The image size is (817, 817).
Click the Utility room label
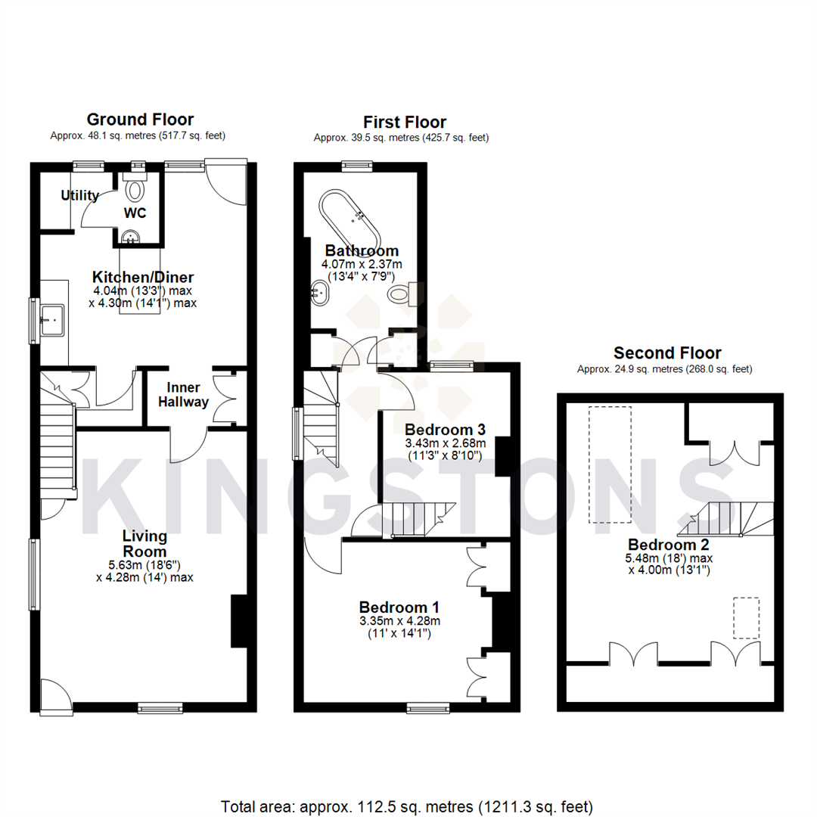click(x=80, y=196)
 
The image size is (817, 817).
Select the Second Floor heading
click(x=666, y=353)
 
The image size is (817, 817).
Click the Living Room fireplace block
click(x=238, y=620)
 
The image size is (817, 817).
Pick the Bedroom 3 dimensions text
click(x=445, y=449)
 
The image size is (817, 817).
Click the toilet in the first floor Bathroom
click(x=400, y=294)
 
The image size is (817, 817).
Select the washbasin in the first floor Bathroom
click(x=321, y=291)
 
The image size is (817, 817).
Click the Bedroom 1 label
click(x=399, y=607)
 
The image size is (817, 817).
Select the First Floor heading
click(x=404, y=123)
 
